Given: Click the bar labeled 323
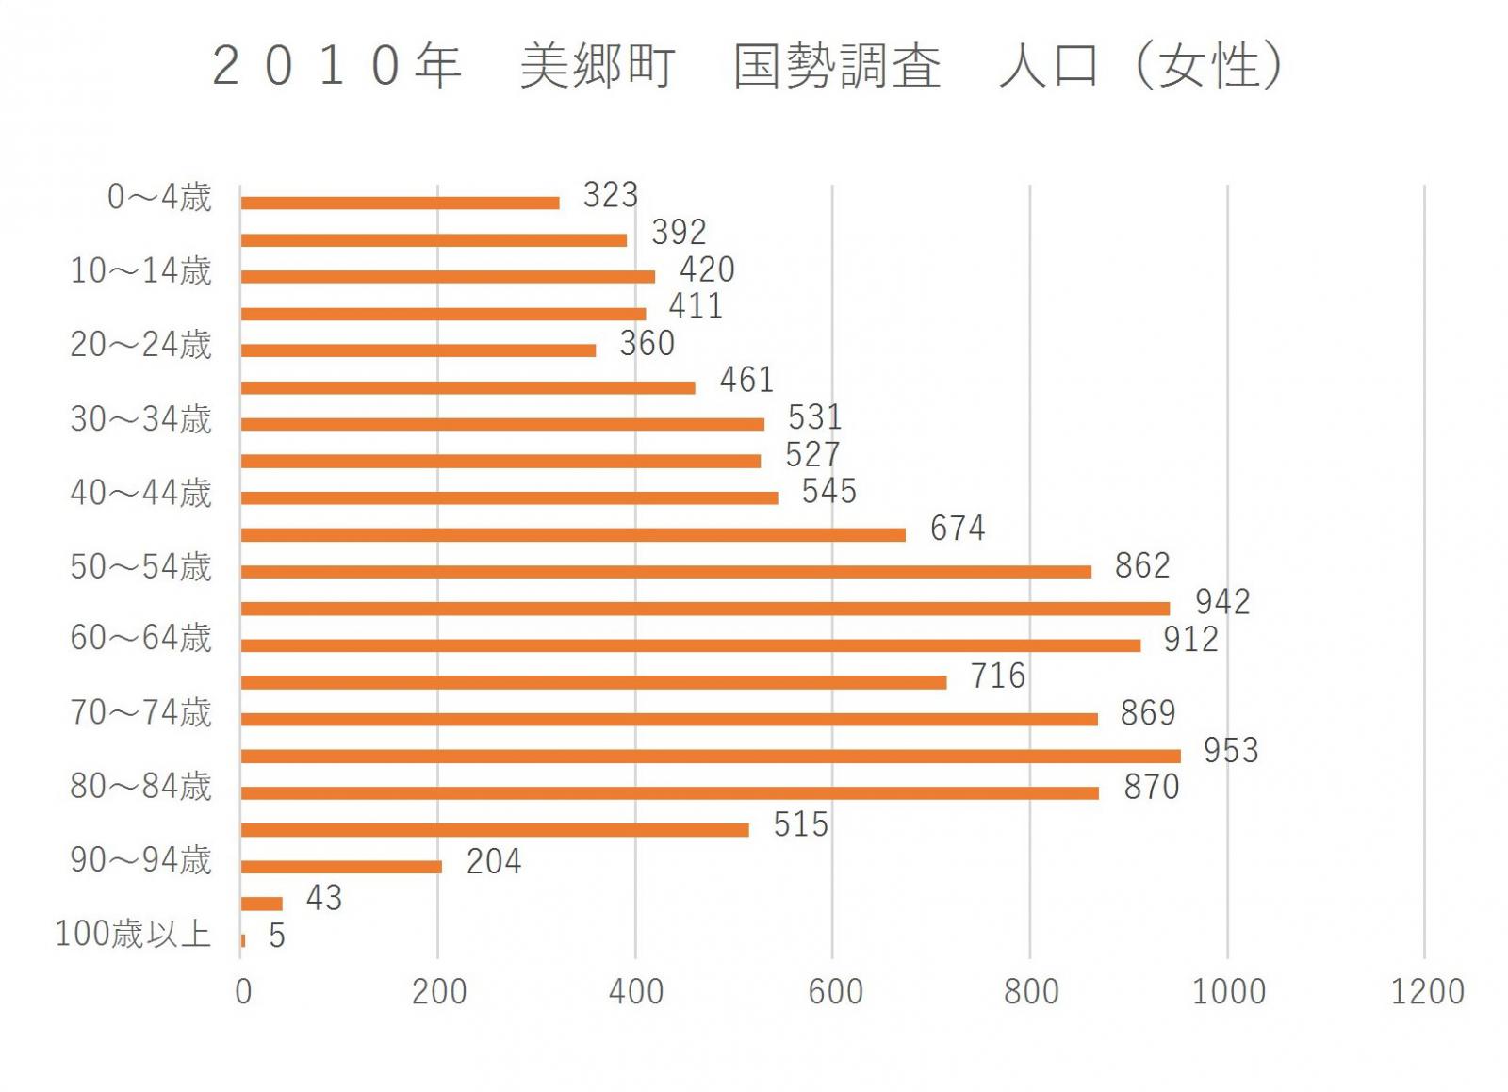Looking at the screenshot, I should pyautogui.click(x=400, y=203).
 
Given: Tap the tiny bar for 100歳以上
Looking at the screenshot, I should pyautogui.click(x=243, y=940).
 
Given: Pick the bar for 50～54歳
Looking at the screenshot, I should pyautogui.click(x=665, y=571).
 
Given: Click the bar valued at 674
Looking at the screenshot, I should pyautogui.click(x=572, y=534).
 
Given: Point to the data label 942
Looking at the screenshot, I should pyautogui.click(x=1222, y=602).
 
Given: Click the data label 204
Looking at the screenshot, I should pyautogui.click(x=494, y=861).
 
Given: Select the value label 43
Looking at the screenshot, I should pyautogui.click(x=323, y=898).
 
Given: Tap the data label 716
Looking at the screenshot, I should pyautogui.click(x=998, y=676).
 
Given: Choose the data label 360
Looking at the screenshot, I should pyautogui.click(x=647, y=343).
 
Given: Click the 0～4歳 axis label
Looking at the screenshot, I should pyautogui.click(x=159, y=197).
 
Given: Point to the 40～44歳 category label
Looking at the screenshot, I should pyautogui.click(x=141, y=493).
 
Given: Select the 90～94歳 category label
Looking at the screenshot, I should pyautogui.click(x=141, y=860).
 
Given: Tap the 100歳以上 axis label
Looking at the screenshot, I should pyautogui.click(x=133, y=934).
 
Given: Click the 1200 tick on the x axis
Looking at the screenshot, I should pyautogui.click(x=1427, y=991).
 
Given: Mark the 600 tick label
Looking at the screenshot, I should pyautogui.click(x=835, y=991).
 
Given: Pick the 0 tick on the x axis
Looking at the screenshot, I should pyautogui.click(x=243, y=991).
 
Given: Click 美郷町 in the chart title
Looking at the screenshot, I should pyautogui.click(x=598, y=66).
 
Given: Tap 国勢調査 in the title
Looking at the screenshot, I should pyautogui.click(x=837, y=66).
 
